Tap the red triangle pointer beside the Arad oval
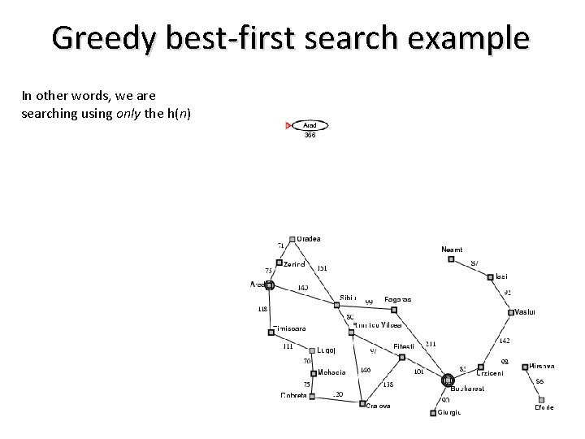point(288,125)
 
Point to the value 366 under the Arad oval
point(310,135)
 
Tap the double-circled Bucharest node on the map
point(447,380)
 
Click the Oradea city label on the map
point(309,239)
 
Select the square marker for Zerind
point(279,262)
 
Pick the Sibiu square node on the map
point(336,305)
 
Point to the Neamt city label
point(453,249)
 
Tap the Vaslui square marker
point(511,312)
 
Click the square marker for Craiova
point(362,402)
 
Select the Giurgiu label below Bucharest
point(449,413)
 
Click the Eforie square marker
point(540,398)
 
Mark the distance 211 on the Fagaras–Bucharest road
point(431,344)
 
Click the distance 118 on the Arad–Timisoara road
point(262,309)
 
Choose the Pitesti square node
point(401,355)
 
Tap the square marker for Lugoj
point(312,351)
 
